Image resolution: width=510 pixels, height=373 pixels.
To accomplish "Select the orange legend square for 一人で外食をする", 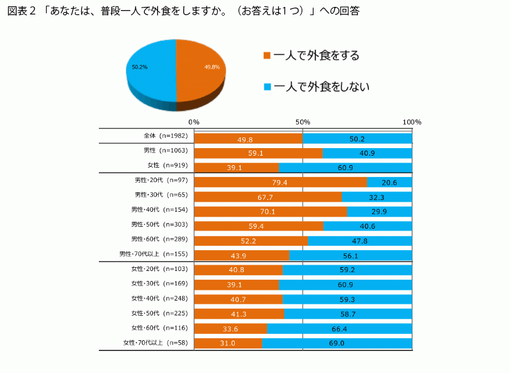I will pos(267,55).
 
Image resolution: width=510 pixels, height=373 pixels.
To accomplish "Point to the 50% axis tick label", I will pos(303,122).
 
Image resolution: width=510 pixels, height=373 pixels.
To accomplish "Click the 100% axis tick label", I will pos(412,122).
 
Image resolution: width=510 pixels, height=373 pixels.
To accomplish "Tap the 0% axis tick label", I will pos(194,122).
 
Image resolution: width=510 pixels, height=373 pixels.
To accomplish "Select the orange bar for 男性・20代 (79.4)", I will pos(280,182).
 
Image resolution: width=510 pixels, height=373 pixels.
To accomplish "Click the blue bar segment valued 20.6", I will pos(390,182).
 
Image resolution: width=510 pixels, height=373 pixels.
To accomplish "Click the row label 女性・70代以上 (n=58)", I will pos(154,343).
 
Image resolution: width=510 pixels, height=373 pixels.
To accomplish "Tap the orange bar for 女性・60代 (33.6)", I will pos(230,328).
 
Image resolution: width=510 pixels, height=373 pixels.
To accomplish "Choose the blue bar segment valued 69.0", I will pos(337,343).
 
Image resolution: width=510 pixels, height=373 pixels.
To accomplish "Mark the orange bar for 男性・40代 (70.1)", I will pos(270,212).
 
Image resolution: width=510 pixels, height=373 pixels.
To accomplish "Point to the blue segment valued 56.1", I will pos(350,255).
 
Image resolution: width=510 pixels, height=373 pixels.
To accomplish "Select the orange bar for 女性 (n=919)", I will pos(236,167).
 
